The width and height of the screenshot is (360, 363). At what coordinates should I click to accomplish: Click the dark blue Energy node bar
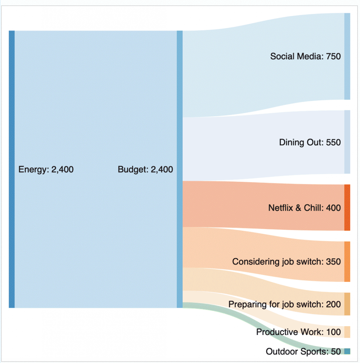(x=12, y=169)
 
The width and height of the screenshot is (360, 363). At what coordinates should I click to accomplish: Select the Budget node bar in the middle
(x=179, y=169)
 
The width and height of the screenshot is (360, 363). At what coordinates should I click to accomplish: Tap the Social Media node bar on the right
(x=347, y=56)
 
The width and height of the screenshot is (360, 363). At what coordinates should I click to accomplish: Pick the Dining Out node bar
(x=347, y=142)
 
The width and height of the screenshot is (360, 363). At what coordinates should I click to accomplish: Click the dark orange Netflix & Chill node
(x=347, y=207)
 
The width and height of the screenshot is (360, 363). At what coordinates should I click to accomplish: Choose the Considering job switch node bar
(x=347, y=262)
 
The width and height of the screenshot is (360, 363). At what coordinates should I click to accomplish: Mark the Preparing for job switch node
(x=347, y=304)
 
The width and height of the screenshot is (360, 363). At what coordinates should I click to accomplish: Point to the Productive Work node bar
(x=347, y=332)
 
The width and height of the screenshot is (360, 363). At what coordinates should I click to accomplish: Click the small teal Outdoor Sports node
(x=347, y=351)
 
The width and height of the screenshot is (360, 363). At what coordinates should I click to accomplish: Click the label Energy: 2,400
(x=46, y=169)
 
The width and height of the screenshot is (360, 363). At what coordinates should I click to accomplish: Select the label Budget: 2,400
(x=145, y=169)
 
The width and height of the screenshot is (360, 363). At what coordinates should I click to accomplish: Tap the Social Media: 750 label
(x=305, y=56)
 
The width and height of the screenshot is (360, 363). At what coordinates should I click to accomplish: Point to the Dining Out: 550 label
(x=310, y=143)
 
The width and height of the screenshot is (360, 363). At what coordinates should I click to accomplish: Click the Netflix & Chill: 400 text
(x=304, y=208)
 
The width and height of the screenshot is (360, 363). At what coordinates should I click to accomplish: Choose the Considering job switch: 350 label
(x=286, y=262)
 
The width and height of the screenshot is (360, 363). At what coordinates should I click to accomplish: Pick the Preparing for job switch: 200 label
(x=284, y=304)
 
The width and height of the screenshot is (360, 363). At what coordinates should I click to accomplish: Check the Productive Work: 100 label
(x=298, y=332)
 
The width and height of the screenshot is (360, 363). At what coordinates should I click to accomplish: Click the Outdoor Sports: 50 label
(x=303, y=352)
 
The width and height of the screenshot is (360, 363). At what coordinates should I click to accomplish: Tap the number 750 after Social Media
(x=333, y=56)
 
